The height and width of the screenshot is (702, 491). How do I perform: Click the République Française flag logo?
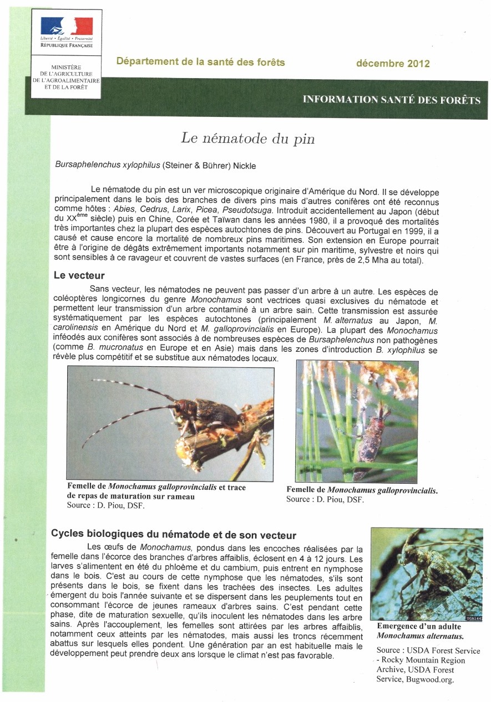click(67, 27)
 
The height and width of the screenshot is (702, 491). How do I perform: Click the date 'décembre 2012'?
click(393, 63)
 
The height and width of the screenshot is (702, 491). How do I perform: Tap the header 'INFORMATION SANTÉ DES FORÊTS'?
click(391, 100)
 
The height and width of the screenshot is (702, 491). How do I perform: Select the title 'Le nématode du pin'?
click(247, 138)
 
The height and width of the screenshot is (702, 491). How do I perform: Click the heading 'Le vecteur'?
click(79, 275)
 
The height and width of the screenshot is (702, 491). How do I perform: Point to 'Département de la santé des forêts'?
click(201, 62)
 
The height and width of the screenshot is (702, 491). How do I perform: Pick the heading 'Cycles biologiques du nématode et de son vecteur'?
click(174, 535)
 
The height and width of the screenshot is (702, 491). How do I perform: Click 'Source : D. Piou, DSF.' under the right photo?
click(325, 499)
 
